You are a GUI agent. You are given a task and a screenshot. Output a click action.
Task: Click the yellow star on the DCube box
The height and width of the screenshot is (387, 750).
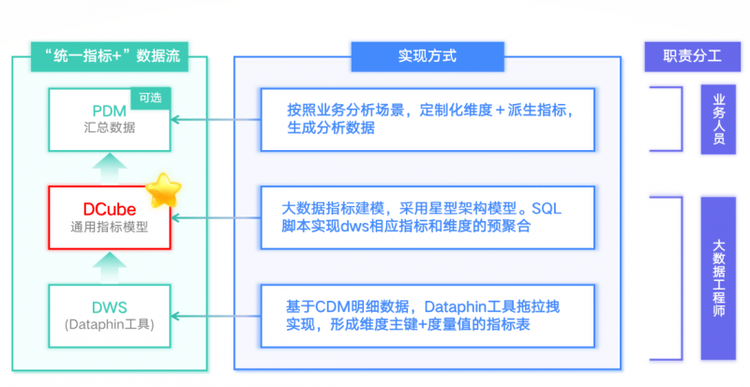(164, 189)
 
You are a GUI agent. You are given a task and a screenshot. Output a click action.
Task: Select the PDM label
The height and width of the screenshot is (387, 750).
(110, 109)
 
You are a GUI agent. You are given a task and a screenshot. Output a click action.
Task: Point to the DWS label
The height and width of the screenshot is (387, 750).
(110, 305)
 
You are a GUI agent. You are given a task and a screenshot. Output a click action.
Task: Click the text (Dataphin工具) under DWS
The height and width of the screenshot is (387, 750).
(110, 325)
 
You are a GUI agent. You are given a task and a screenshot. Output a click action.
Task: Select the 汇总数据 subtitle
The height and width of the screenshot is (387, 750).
(110, 127)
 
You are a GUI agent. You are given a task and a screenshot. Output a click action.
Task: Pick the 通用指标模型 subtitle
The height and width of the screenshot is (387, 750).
(110, 226)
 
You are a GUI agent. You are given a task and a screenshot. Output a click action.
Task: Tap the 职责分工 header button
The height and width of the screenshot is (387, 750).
(688, 56)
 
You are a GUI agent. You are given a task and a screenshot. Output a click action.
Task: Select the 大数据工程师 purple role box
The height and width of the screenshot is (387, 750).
(719, 278)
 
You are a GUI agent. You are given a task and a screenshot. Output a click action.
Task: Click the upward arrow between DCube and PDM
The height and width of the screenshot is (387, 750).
(110, 166)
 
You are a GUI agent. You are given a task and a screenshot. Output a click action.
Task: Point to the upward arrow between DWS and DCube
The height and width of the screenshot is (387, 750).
(110, 264)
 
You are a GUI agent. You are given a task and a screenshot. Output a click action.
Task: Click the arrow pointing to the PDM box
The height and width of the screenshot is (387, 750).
(216, 119)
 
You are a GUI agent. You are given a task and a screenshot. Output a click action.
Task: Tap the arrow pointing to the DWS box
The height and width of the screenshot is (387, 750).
(216, 316)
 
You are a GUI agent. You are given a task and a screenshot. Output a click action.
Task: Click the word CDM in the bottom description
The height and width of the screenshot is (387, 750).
(329, 306)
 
